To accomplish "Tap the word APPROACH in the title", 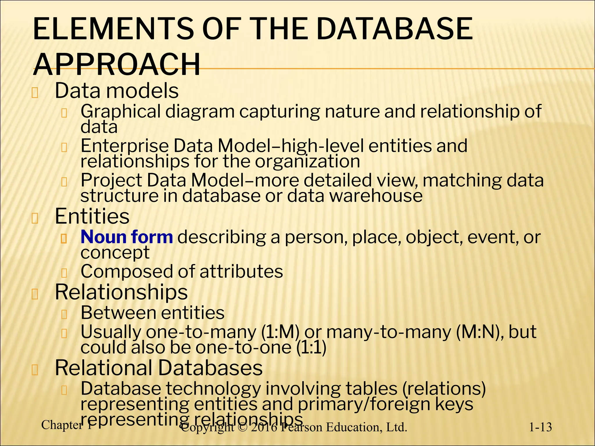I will click(x=117, y=64).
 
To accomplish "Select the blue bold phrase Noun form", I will click(x=127, y=237).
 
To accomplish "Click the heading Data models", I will click(x=117, y=91).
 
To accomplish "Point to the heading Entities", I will click(x=92, y=216).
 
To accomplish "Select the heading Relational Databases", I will click(x=159, y=368).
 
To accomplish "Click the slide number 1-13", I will click(x=540, y=427).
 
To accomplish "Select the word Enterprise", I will click(x=124, y=146).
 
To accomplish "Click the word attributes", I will click(x=241, y=271).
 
